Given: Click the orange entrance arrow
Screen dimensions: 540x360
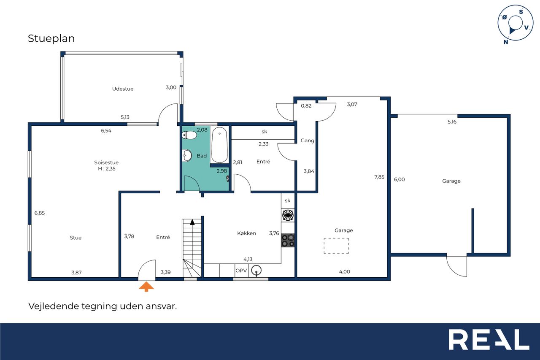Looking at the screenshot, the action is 146,287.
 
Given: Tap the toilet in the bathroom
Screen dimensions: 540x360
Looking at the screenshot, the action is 189,135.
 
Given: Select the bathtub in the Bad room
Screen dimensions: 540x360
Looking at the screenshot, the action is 219,145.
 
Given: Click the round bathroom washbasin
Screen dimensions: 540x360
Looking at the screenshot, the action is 187,155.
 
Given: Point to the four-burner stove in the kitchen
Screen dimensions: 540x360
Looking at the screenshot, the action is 288,241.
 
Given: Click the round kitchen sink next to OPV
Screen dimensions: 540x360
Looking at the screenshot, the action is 256,270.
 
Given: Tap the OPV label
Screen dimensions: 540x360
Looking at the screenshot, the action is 241,271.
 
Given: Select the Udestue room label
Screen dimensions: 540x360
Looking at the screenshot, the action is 123,89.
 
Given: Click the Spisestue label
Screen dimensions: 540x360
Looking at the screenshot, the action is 106,162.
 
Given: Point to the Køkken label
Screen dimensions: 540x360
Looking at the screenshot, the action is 246,233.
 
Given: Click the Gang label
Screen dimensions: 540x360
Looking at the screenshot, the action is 308,141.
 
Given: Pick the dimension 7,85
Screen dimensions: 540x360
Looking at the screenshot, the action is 379,177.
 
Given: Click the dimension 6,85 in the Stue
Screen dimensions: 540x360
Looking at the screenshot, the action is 40,213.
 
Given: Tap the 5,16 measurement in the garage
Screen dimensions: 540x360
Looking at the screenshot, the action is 452,122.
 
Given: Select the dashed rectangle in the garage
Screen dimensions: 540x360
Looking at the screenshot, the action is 336,246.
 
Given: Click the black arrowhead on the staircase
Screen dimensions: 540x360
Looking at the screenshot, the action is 192,222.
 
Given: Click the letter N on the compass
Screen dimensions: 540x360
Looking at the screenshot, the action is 506,42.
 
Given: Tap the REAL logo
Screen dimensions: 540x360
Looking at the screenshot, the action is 489,339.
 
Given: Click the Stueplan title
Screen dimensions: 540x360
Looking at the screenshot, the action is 51,38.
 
